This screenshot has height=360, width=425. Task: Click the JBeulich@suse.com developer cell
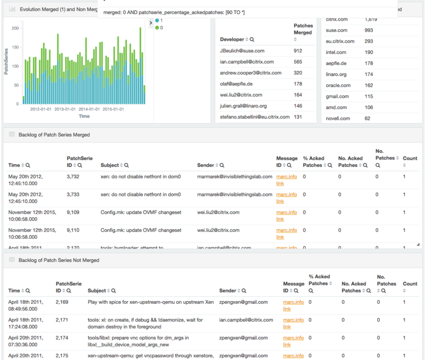coord(242,51)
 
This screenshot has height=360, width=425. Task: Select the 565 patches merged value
coord(297,62)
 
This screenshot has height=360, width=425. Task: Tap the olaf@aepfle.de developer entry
coord(236,84)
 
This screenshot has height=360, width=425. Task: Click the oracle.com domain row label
coord(338,85)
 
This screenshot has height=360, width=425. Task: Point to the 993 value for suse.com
coord(369,30)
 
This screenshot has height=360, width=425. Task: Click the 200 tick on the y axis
coord(15,28)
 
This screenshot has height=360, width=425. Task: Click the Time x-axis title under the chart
coord(84,116)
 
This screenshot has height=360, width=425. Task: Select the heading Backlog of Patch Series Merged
coord(54,135)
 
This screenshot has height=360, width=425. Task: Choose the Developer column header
coord(232,39)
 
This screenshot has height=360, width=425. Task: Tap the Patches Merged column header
coord(303,29)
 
